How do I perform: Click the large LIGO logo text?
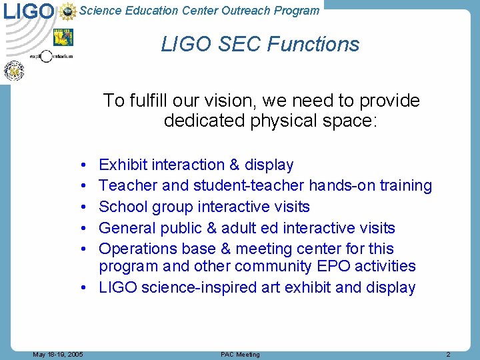pyautogui.click(x=29, y=11)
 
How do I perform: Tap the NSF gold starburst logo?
pyautogui.click(x=67, y=11)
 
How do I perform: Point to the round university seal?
pyautogui.click(x=14, y=70)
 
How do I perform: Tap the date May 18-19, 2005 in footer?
pyautogui.click(x=58, y=355)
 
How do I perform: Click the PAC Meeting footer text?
pyautogui.click(x=240, y=355)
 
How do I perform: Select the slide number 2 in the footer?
pyautogui.click(x=448, y=355)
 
